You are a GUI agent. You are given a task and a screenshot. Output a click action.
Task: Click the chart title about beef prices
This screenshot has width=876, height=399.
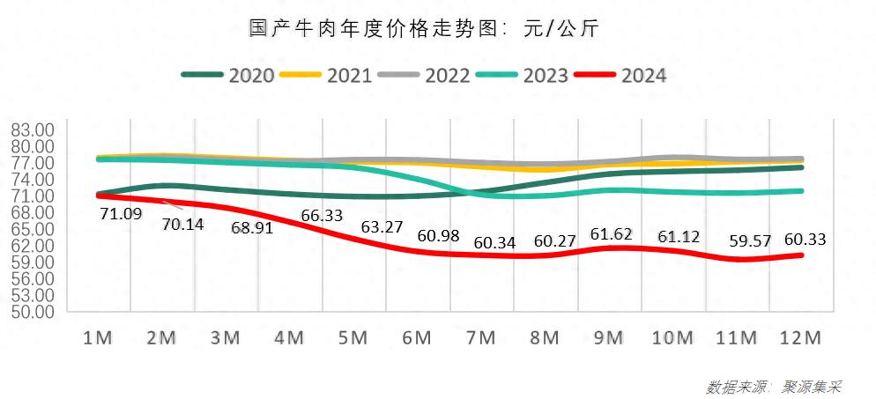pos(424,29)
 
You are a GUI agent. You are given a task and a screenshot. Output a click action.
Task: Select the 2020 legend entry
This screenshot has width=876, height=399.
pos(229,75)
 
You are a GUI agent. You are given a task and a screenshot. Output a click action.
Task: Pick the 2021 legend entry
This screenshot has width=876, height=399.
pos(327,75)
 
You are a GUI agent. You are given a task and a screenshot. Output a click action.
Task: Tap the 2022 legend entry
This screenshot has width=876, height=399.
pos(426,75)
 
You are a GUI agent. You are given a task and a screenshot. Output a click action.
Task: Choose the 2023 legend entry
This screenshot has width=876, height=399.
pos(523,75)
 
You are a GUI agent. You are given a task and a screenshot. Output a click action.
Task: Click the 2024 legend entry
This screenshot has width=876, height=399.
pos(620,75)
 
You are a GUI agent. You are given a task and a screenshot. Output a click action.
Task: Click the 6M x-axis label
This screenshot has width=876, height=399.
pos(417,338)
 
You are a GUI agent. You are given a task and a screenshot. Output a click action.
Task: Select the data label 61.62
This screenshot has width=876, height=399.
pos(612,234)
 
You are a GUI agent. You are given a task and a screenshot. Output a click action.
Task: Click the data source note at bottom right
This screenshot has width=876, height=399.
pos(775,387)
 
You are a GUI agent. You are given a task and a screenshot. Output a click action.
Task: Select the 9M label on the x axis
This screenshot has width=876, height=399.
pos(609,338)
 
